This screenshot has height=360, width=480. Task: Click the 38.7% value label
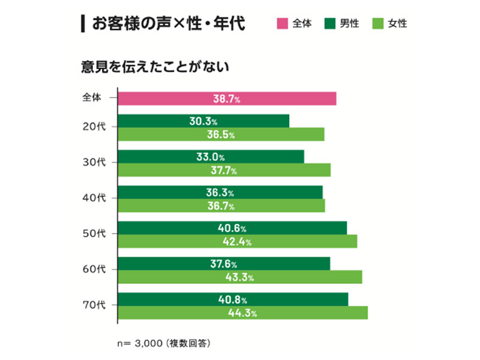tap(226, 98)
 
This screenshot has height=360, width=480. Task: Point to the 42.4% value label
tap(236, 242)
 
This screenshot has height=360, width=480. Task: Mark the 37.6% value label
tap(224, 264)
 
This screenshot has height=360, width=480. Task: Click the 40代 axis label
tap(94, 198)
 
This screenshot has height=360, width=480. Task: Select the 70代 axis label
tap(94, 305)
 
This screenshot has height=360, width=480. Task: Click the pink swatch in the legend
tap(281, 24)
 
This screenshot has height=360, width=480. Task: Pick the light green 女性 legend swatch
tap(377, 24)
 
